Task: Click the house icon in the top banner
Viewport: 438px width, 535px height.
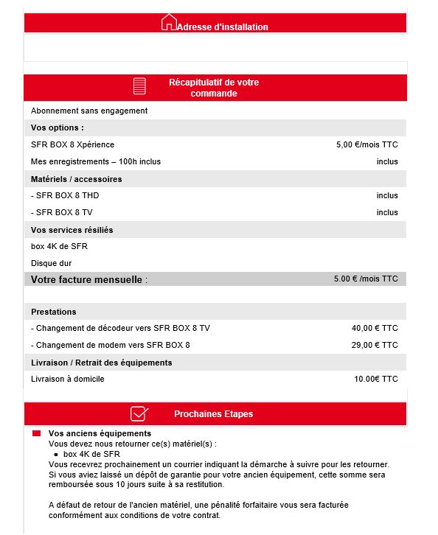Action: (169, 22)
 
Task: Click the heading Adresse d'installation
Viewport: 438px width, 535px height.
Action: (222, 27)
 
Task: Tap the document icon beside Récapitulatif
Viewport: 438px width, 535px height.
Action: (139, 86)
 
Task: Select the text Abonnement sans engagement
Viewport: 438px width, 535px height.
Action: (89, 111)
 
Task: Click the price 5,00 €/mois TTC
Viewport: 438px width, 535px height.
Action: (366, 144)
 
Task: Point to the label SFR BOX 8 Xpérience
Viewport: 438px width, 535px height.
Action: (72, 144)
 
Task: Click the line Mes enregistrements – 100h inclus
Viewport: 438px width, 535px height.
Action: (95, 161)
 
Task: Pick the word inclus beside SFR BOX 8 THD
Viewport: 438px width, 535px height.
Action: (386, 195)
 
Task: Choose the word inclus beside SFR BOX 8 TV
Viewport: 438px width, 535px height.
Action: (386, 212)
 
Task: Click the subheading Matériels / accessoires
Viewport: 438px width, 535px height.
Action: (77, 179)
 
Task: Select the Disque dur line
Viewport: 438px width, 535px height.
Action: (51, 263)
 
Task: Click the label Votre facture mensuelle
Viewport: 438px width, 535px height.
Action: (88, 280)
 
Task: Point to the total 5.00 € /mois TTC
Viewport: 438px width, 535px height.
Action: (366, 279)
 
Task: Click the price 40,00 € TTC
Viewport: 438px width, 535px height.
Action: (375, 327)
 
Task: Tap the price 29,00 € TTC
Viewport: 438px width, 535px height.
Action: (375, 345)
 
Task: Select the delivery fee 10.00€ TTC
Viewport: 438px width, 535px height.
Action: (376, 379)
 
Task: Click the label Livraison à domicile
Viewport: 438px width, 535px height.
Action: (68, 379)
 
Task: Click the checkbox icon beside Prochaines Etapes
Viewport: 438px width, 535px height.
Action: (139, 413)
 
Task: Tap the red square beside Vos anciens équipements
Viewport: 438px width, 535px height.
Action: (36, 434)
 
